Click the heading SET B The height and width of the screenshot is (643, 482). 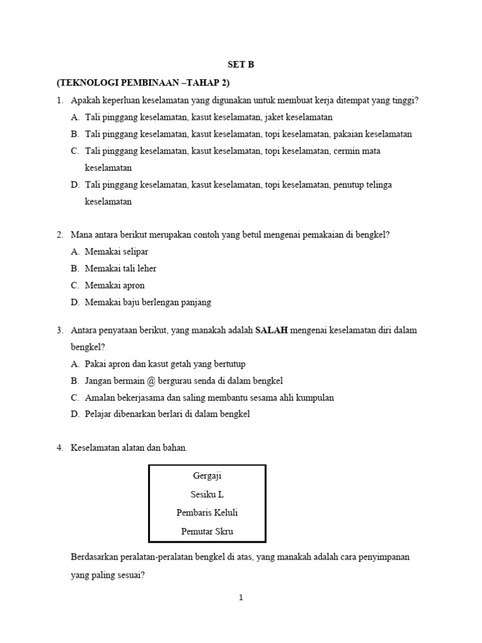(x=241, y=65)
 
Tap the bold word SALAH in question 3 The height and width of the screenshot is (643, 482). (x=271, y=330)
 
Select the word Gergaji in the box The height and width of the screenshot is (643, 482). (x=207, y=475)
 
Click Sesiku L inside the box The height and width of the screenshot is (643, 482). (x=207, y=494)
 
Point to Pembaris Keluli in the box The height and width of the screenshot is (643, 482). (x=207, y=513)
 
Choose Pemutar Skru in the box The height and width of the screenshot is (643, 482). (x=207, y=532)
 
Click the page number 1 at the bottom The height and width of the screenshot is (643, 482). (x=241, y=598)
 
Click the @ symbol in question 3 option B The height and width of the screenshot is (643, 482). (x=151, y=381)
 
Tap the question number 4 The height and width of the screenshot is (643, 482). (x=59, y=448)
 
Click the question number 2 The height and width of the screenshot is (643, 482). (x=59, y=234)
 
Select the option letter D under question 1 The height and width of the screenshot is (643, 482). (x=75, y=185)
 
